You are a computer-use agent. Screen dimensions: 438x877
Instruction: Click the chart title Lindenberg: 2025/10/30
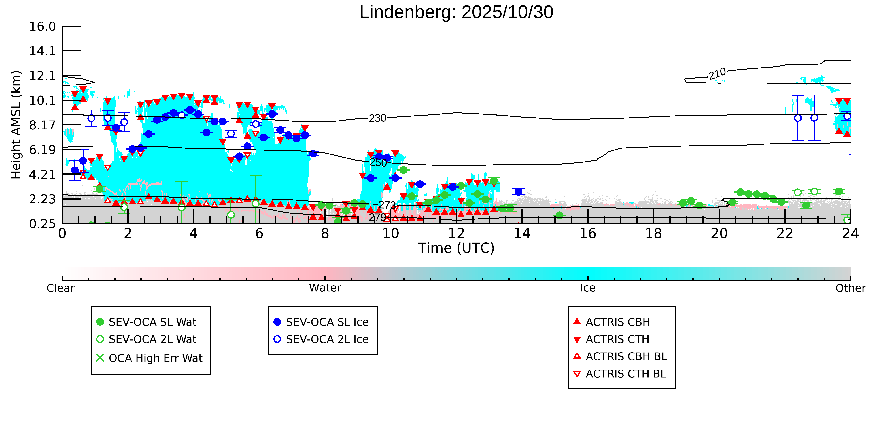456,13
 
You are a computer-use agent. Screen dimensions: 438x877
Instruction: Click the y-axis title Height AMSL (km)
16,125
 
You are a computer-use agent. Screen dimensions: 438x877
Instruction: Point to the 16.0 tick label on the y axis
42,26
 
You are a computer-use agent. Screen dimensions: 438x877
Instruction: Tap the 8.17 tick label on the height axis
42,125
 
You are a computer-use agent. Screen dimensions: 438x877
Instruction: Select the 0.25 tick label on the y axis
42,224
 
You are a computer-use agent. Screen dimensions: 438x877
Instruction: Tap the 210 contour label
717,73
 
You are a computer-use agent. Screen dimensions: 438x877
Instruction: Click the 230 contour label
378,118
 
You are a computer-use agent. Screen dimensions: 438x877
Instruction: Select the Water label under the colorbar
325,288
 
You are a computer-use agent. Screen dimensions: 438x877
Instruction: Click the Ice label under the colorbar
588,288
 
